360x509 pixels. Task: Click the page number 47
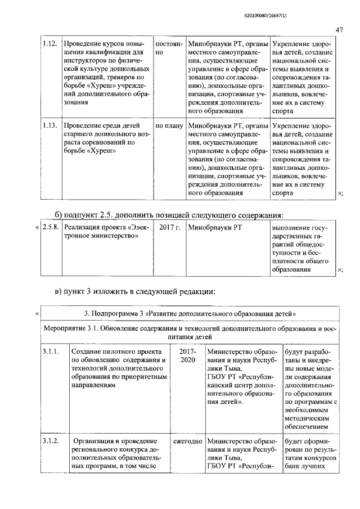tap(339, 29)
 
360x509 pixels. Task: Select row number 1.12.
tap(50, 43)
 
